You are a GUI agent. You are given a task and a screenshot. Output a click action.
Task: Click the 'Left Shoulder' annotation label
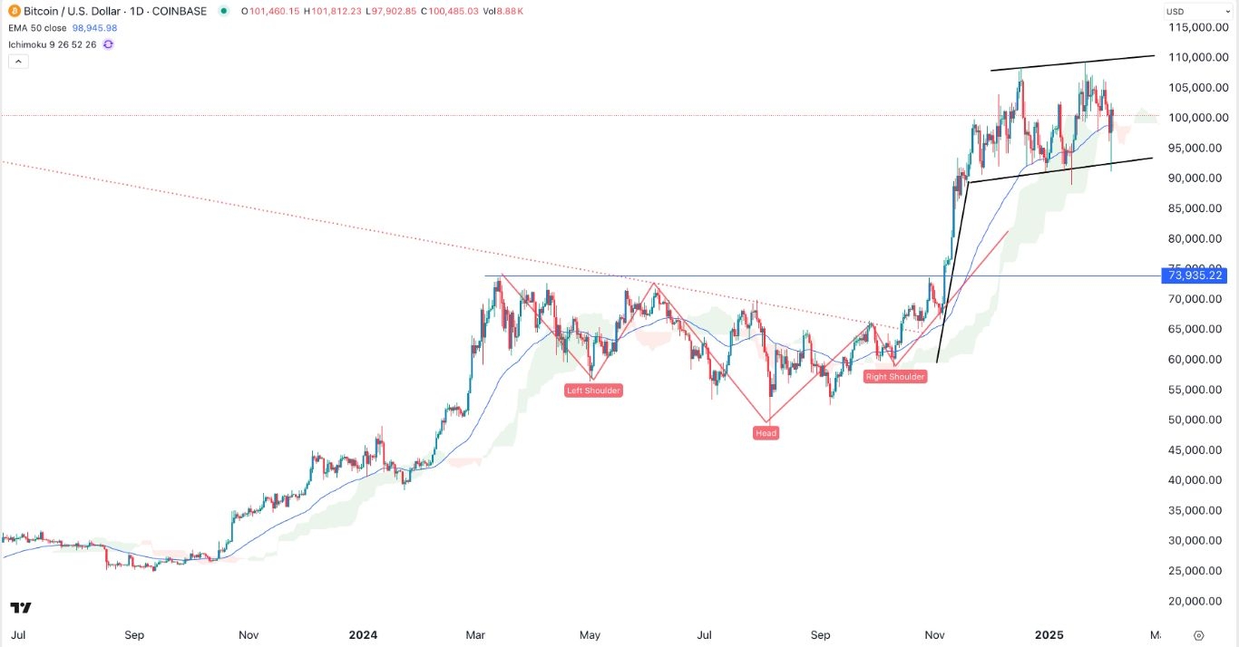click(593, 391)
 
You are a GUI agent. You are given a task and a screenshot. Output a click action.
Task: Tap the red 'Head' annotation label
click(766, 433)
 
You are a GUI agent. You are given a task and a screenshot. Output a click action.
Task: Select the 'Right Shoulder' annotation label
click(894, 377)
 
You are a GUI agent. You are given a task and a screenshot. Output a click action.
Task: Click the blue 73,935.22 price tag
click(1194, 275)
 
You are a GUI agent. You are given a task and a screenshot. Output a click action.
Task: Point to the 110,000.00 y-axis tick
click(1195, 57)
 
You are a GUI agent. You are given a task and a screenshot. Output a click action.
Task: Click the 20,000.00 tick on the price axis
click(1197, 601)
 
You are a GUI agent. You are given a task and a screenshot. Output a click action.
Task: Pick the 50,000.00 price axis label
click(1197, 420)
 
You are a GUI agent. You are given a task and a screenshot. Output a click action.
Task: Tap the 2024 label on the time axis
click(363, 635)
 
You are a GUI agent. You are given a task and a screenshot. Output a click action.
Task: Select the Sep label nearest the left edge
click(134, 635)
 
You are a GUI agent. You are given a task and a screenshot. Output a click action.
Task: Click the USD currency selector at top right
click(1175, 12)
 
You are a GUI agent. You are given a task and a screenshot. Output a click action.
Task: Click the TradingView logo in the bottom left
click(21, 607)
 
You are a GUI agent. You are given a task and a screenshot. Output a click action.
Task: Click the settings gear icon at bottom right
click(1199, 635)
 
